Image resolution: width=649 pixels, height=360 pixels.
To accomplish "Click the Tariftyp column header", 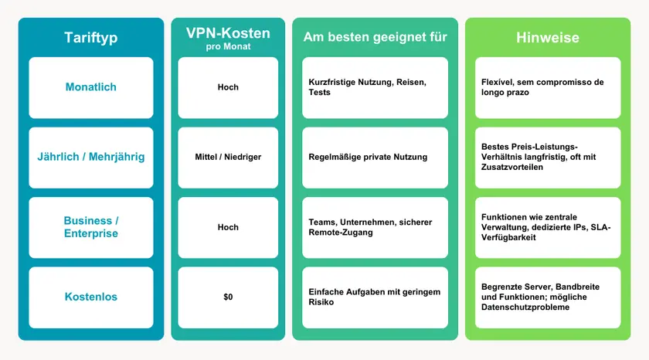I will (x=91, y=38).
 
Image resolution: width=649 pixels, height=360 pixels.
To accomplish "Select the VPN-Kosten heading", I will (x=228, y=33).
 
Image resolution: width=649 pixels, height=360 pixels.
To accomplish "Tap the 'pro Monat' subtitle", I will (x=228, y=46).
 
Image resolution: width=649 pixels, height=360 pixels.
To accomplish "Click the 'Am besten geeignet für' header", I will (x=375, y=37).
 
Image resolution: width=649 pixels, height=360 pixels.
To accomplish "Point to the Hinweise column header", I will (x=547, y=38).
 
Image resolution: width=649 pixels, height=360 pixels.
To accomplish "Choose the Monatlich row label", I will (x=91, y=87).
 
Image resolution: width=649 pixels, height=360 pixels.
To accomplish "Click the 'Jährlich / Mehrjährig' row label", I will (x=91, y=157).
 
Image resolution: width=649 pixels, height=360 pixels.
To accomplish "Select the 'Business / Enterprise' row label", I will (x=91, y=227).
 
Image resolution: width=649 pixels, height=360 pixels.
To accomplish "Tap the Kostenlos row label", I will (x=91, y=297).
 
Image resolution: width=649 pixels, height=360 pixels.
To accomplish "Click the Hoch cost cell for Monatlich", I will (x=228, y=87).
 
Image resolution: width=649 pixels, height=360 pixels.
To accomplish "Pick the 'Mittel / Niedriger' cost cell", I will (x=228, y=157).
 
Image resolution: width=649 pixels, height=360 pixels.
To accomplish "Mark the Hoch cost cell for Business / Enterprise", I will (x=228, y=227).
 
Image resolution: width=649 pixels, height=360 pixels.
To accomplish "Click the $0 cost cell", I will (x=228, y=297).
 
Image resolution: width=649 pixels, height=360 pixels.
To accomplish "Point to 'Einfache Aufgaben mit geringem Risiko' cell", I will (x=374, y=297).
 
